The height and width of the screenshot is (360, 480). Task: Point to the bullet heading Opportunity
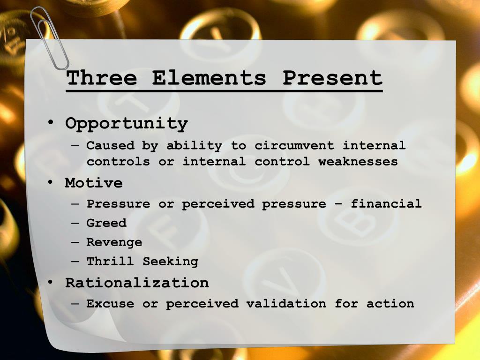(127, 124)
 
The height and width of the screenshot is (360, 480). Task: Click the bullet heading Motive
(94, 183)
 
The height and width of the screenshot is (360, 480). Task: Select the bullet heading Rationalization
(137, 282)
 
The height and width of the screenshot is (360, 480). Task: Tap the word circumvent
(294, 145)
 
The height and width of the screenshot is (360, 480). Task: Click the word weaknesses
(358, 161)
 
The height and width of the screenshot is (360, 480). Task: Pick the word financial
(386, 203)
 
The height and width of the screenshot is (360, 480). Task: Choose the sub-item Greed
(106, 223)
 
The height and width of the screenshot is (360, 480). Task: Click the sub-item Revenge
(114, 242)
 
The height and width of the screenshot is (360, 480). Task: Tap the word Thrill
(110, 261)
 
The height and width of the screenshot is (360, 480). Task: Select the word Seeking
(171, 262)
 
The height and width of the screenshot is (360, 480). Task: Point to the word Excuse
(110, 303)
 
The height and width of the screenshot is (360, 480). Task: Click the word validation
(286, 303)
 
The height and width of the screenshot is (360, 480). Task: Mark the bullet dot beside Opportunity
(51, 123)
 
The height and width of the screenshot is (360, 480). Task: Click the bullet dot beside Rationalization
(51, 282)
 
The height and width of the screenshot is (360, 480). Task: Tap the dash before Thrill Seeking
(75, 262)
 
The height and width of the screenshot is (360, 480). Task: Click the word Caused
(111, 145)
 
